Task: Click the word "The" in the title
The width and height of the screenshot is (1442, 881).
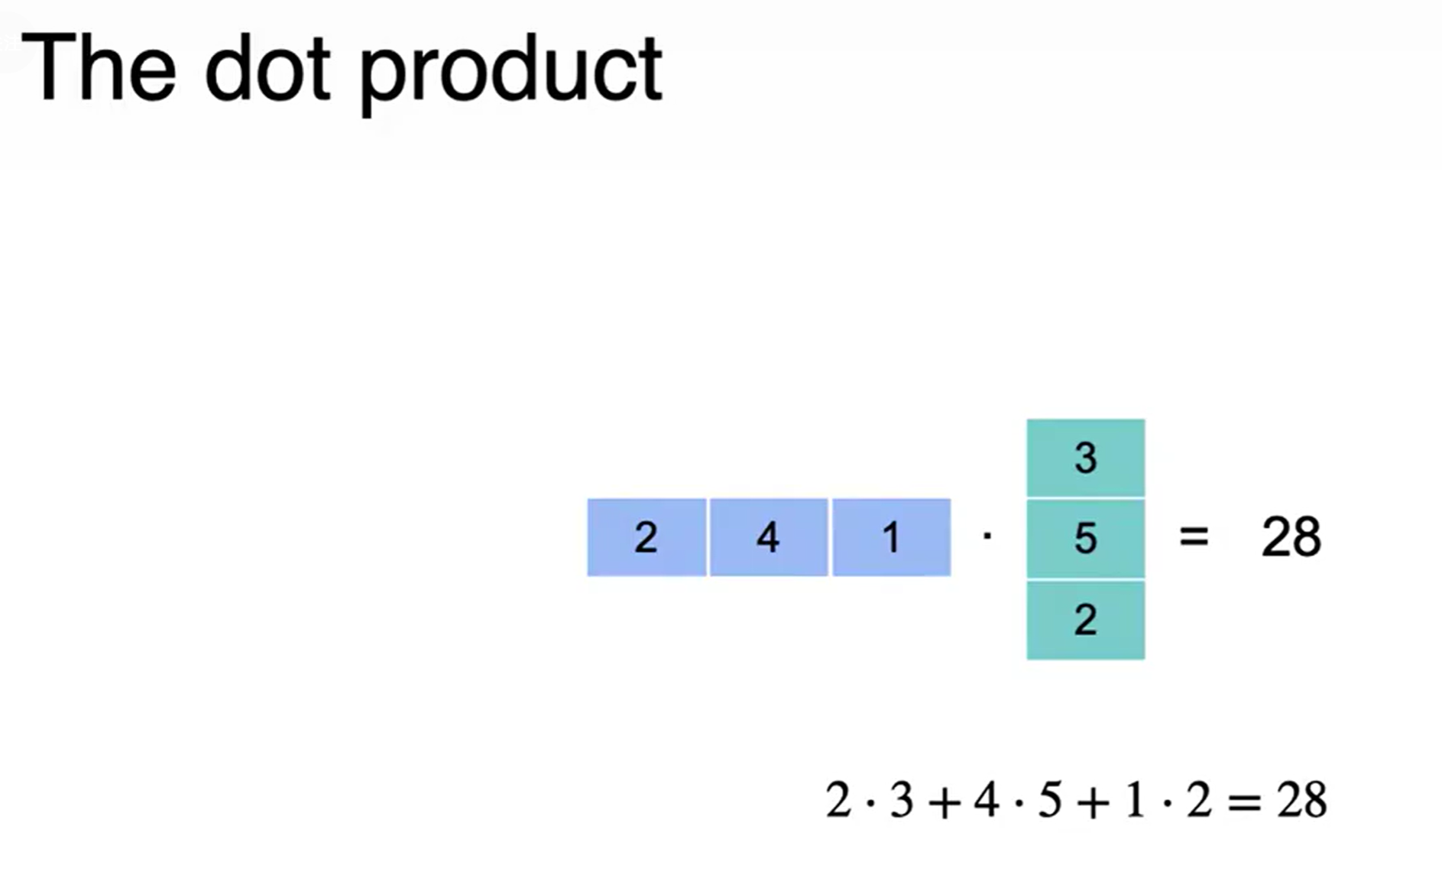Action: point(99,69)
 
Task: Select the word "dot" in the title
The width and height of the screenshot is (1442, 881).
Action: point(267,69)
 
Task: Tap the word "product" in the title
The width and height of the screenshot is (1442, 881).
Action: point(510,73)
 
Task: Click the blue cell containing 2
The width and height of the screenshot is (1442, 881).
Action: point(646,537)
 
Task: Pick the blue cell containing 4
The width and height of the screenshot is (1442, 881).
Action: point(769,537)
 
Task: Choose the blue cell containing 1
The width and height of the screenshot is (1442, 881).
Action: point(891,537)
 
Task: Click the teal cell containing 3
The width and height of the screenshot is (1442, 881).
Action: point(1085,458)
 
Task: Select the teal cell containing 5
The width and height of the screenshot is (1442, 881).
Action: point(1085,538)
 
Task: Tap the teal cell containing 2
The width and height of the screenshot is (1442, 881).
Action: point(1085,620)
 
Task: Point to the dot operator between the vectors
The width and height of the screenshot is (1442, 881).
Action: point(987,536)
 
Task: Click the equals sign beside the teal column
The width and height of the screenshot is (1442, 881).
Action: point(1194,536)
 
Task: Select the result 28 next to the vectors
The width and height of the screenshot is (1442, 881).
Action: point(1291,537)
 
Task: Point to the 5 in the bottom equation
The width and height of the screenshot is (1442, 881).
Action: point(1050,801)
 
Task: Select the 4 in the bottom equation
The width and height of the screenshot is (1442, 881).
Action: point(987,801)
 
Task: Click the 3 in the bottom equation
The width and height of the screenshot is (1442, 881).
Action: point(902,801)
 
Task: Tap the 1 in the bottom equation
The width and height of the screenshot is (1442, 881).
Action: point(1136,801)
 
